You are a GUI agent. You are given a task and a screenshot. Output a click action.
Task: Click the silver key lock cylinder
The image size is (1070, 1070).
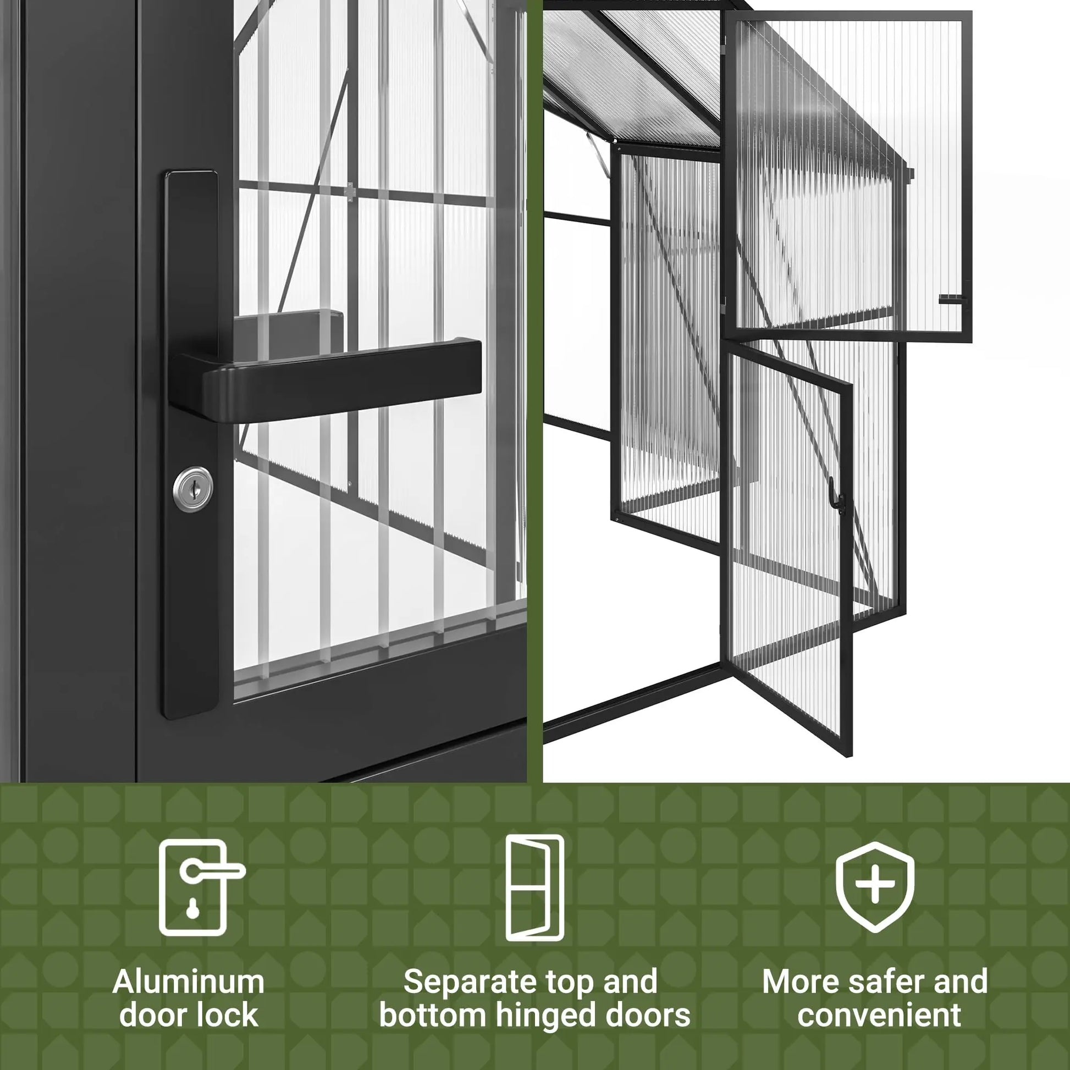click(192, 489)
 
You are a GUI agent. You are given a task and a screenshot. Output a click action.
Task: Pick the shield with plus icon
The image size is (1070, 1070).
click(874, 887)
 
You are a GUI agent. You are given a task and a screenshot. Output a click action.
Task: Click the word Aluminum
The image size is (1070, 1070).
click(188, 982)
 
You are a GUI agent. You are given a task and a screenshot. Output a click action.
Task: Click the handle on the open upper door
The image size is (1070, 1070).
click(953, 300)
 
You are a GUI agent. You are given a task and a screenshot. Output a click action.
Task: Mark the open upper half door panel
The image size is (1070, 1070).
click(847, 177)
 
